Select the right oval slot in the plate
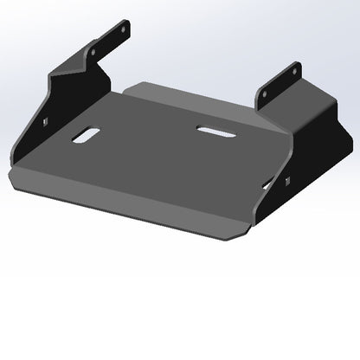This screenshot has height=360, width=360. (x=211, y=130)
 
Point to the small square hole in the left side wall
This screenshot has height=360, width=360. (x=42, y=122)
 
